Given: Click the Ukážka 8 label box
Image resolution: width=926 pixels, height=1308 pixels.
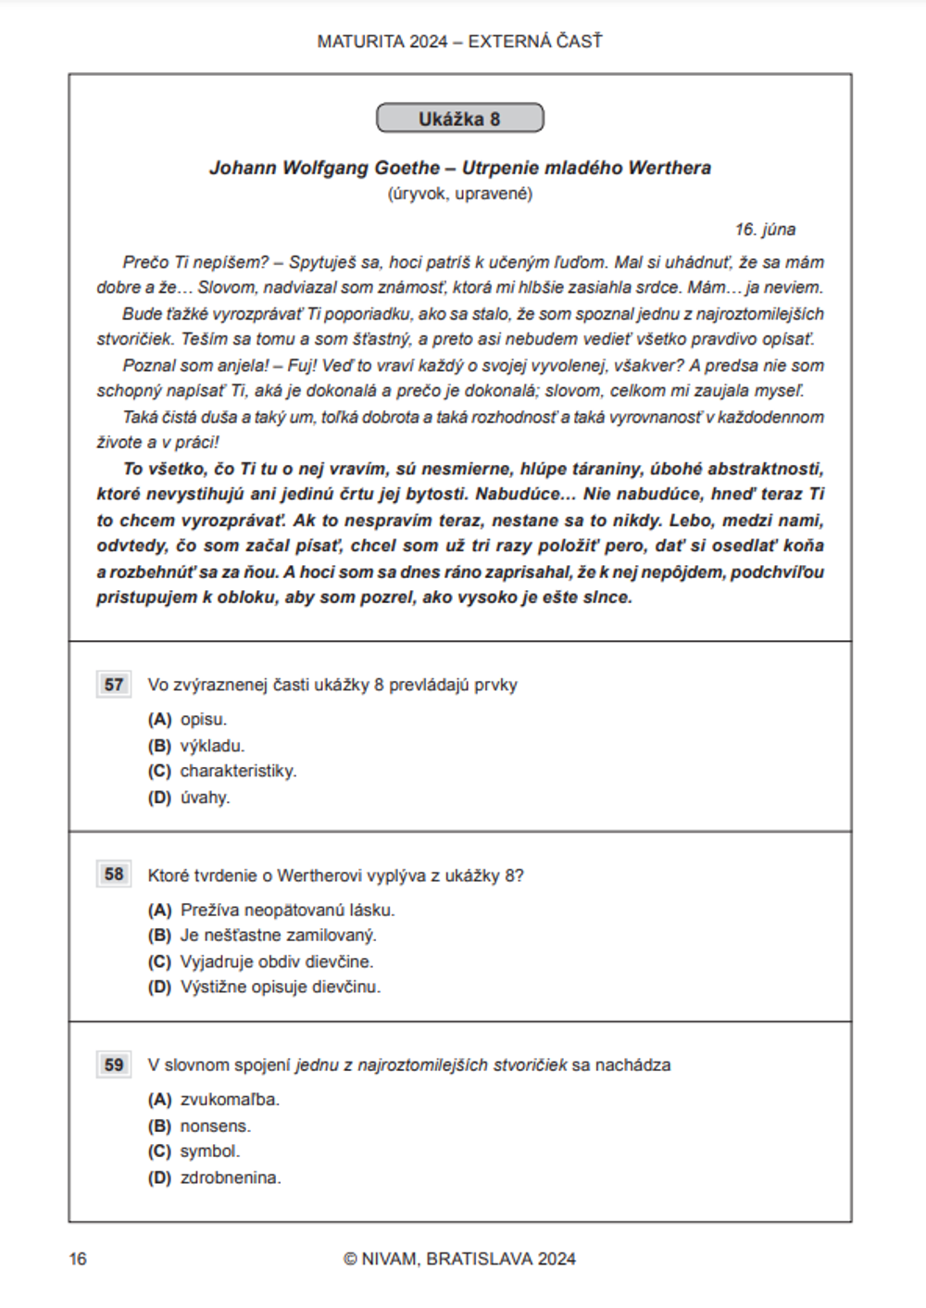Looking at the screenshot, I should click(459, 119).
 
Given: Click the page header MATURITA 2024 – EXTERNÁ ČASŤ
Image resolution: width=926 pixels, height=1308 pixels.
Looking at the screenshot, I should click(459, 42).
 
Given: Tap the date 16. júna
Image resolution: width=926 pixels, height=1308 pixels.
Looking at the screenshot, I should click(765, 230).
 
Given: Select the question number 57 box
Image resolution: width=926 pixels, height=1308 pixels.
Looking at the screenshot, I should click(114, 685).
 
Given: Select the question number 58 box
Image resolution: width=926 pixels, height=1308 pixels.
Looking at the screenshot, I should click(114, 874).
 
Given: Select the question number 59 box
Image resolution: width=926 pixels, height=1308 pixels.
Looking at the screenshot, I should click(114, 1064).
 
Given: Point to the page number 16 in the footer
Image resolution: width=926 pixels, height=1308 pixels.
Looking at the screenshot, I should click(78, 1259).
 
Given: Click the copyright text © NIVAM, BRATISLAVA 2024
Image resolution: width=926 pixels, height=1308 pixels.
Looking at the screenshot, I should click(459, 1259).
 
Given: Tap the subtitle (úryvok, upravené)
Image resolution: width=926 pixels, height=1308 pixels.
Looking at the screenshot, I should click(459, 194).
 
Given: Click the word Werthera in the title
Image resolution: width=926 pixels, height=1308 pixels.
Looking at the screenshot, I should click(669, 168).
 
